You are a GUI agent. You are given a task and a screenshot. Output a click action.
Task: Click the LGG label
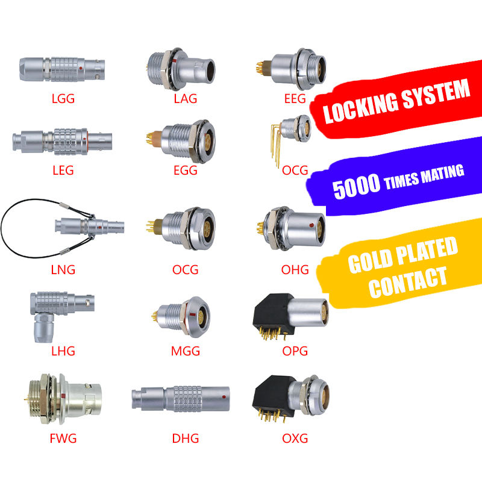(63, 98)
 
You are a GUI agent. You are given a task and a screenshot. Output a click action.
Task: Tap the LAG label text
(185, 98)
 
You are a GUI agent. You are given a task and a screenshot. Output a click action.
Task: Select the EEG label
(295, 98)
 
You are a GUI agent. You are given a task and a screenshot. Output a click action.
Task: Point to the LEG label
(63, 171)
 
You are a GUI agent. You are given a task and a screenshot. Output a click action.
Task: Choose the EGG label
(185, 171)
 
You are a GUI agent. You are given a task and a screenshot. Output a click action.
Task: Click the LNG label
(63, 269)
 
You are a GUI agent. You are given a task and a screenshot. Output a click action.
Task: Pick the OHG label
(295, 269)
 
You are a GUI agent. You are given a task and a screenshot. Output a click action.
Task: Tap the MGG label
(185, 351)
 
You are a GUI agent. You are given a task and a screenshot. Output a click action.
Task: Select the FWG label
(63, 438)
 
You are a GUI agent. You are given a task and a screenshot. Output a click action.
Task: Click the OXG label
(295, 438)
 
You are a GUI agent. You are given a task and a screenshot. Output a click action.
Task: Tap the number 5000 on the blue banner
(355, 187)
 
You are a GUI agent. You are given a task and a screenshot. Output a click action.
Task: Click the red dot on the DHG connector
(224, 397)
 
